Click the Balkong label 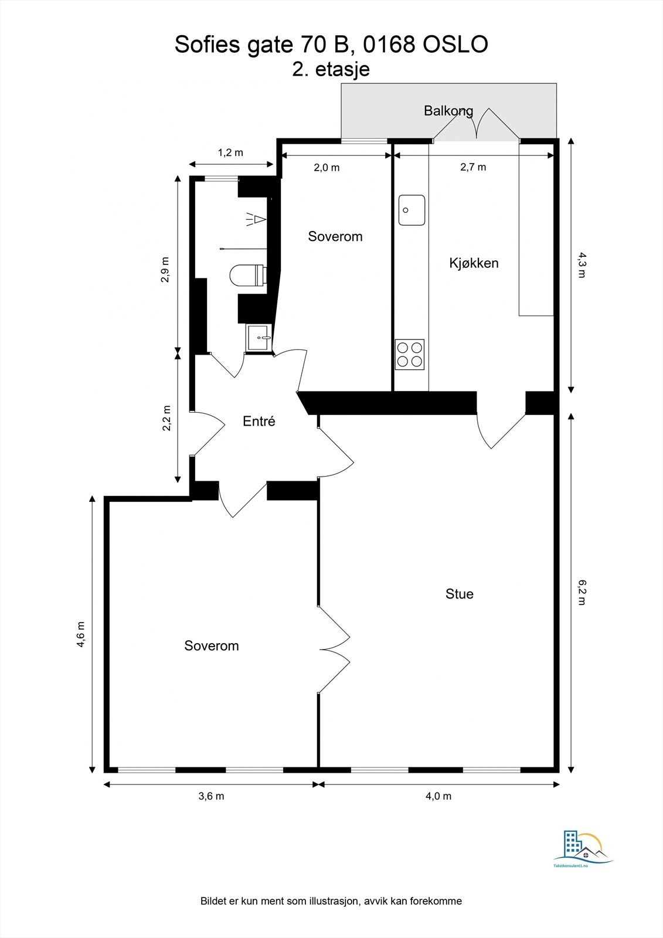tap(448, 110)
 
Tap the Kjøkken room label tap(474, 263)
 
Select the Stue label tap(459, 594)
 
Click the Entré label tap(259, 421)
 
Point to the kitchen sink tap(412, 210)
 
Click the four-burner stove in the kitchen tap(409, 354)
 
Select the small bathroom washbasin tap(259, 338)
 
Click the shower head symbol tap(256, 220)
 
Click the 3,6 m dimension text tap(211, 796)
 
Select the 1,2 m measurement tap(230, 152)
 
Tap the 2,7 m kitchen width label tap(472, 167)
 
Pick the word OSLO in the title tap(455, 45)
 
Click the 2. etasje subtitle tap(331, 69)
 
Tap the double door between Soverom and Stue tap(334, 650)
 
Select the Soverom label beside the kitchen tap(335, 236)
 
